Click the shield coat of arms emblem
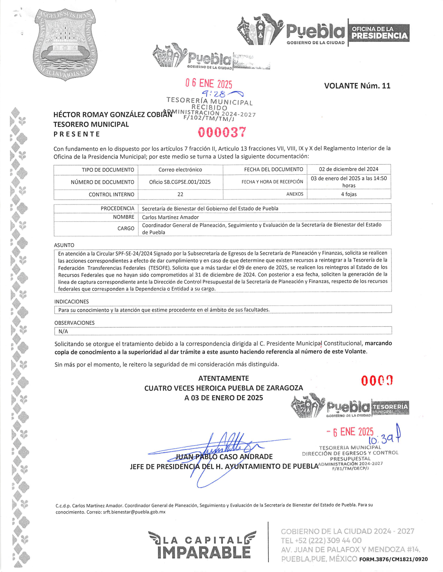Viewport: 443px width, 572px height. tap(65, 44)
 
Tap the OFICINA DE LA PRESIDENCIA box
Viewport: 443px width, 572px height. tap(379, 33)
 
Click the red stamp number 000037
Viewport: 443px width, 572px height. tap(222, 132)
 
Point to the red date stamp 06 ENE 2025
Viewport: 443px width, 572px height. tap(209, 83)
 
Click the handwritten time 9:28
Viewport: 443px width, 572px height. tap(214, 94)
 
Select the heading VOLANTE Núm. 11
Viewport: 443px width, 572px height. tap(357, 86)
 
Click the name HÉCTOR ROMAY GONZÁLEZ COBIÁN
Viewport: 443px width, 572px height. tap(112, 115)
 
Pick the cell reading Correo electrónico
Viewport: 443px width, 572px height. tap(180, 170)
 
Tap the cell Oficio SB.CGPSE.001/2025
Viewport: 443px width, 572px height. tap(180, 182)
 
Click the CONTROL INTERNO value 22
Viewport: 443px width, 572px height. tap(180, 194)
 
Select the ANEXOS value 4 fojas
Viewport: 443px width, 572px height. tap(349, 194)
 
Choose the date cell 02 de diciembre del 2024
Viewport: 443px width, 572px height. tap(349, 169)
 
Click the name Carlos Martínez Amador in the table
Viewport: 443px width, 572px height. tap(170, 217)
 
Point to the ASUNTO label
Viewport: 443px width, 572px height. tap(64, 245)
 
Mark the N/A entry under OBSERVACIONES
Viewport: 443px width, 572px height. tap(63, 331)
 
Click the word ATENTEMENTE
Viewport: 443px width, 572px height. tap(224, 378)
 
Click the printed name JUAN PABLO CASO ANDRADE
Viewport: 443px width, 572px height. tap(224, 457)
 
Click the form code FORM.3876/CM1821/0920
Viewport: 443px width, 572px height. tap(393, 559)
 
